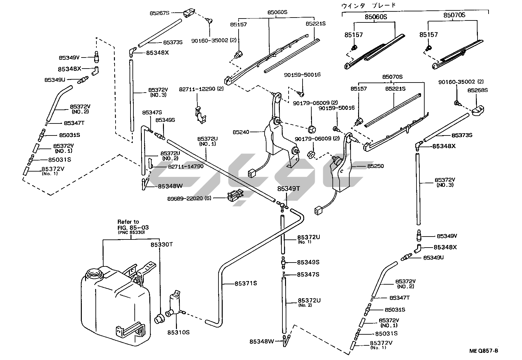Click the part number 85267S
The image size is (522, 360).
pyautogui.click(x=159, y=13)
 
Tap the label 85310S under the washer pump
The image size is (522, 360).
pyautogui.click(x=178, y=332)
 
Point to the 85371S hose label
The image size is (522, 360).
pyautogui.click(x=246, y=283)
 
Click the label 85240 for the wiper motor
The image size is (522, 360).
pyautogui.click(x=241, y=132)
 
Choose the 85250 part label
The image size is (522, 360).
pyautogui.click(x=376, y=166)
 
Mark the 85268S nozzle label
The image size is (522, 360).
pyautogui.click(x=478, y=90)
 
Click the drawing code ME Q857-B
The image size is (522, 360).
pyautogui.click(x=483, y=351)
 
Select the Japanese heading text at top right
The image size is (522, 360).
pyautogui.click(x=368, y=5)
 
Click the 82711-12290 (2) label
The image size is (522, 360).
pyautogui.click(x=201, y=89)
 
